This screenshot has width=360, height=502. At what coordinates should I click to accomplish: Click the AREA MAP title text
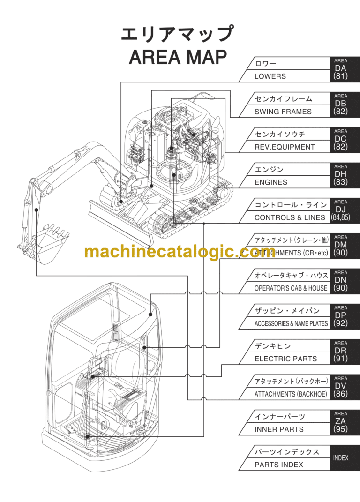[x=178, y=57]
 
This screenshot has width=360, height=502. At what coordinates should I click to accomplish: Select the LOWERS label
[x=270, y=76]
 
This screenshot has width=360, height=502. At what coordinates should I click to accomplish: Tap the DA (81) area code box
[x=341, y=69]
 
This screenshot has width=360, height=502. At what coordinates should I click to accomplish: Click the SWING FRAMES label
[x=283, y=112]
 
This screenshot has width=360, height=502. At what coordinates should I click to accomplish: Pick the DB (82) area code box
[x=341, y=104]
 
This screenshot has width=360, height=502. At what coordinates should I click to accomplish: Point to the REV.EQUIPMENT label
[x=285, y=147]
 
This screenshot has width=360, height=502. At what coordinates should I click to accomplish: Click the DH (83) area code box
[x=341, y=175]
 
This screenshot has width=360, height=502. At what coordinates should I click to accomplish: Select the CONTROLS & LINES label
[x=289, y=217]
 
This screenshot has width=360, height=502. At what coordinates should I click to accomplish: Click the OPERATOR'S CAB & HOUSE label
[x=291, y=288]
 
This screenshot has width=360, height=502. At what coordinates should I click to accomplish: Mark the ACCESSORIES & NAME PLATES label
[x=291, y=323]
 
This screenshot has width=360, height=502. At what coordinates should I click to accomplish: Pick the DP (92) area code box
[x=341, y=316]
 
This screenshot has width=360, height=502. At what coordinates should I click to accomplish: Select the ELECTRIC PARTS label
[x=285, y=359]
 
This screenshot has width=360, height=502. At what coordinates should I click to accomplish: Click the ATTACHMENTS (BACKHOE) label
[x=291, y=394]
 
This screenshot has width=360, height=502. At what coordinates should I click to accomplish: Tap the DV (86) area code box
[x=341, y=387]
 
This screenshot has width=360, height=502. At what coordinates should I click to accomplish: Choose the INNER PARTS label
[x=279, y=429]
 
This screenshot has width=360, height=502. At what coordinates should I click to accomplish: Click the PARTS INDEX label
[x=278, y=465]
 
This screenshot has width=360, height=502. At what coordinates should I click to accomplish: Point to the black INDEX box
[x=341, y=457]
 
